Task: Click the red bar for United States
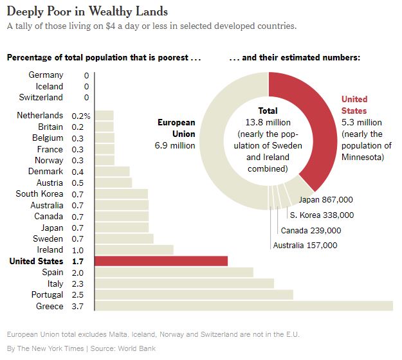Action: coord(161,261)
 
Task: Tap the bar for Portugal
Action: coord(194,294)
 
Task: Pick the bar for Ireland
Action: coord(134,249)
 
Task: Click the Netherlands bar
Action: coord(104,116)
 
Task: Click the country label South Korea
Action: coord(39,194)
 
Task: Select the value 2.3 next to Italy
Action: coord(78,283)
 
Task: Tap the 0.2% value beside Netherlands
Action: coord(81,116)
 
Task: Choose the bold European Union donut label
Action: coord(176,128)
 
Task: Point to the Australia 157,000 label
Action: coord(305,245)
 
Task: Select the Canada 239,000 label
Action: coord(311,230)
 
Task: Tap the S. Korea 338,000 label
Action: coord(322,215)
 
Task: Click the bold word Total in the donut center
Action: coord(268,111)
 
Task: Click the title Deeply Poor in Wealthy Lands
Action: coord(87,11)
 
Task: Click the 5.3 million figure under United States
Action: coord(361,122)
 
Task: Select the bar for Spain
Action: coord(174,272)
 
